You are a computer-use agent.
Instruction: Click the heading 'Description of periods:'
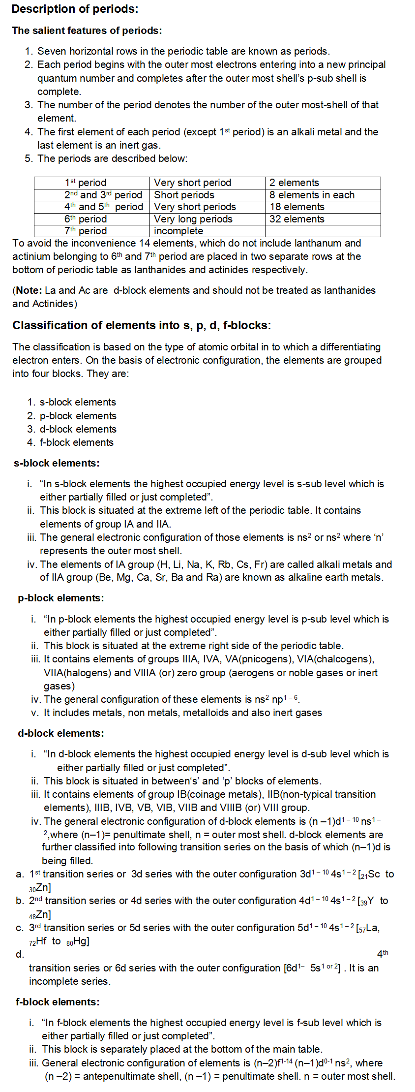click(x=75, y=9)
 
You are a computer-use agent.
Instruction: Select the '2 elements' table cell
click(x=294, y=183)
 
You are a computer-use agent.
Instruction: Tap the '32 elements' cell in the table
click(x=297, y=219)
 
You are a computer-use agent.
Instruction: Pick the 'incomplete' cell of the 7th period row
click(x=178, y=231)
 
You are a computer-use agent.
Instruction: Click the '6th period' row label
click(x=86, y=219)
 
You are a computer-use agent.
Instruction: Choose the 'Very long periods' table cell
click(x=193, y=219)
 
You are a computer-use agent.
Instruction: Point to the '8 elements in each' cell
click(x=312, y=195)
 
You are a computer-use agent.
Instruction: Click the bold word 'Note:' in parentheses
click(x=29, y=290)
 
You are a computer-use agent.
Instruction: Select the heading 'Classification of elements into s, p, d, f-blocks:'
click(x=142, y=325)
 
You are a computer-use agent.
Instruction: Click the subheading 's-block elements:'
click(x=57, y=463)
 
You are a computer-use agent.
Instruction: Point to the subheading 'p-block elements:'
click(x=61, y=598)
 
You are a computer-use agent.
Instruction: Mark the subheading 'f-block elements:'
click(x=58, y=1002)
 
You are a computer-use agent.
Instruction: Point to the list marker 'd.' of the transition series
click(x=20, y=955)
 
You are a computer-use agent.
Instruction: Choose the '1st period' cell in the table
click(x=86, y=183)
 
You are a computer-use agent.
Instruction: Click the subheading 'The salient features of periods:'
click(x=87, y=31)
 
